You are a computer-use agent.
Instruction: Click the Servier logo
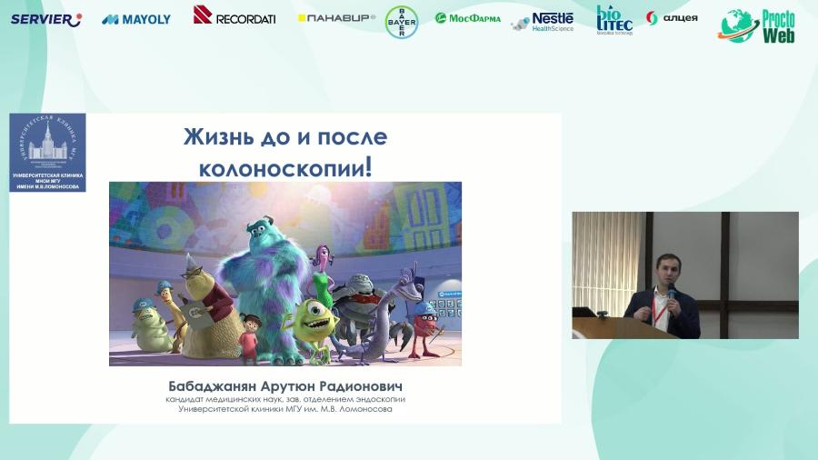click(45, 19)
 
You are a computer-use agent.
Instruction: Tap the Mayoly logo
click(136, 19)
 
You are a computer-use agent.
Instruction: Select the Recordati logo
click(234, 15)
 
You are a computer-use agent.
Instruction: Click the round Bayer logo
click(402, 22)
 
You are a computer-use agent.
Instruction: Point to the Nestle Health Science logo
click(544, 21)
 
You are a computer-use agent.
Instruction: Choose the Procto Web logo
click(758, 27)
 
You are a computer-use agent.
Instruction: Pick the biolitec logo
click(614, 19)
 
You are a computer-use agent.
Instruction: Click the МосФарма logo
click(468, 18)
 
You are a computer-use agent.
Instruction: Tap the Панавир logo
click(336, 18)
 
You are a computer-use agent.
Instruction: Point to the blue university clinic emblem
click(47, 152)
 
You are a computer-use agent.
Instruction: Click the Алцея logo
click(673, 18)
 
